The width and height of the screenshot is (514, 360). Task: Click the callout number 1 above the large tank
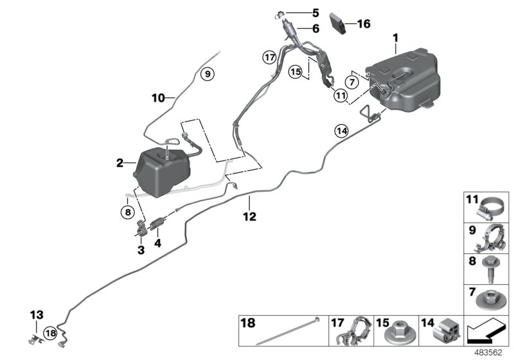click(x=396, y=40)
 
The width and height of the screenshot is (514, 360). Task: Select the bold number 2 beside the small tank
click(x=120, y=164)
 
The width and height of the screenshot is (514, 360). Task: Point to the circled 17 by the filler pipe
click(x=269, y=57)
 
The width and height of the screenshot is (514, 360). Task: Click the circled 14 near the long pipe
click(x=341, y=131)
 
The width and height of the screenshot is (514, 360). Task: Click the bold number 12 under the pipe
click(x=249, y=217)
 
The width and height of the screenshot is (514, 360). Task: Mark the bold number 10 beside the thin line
click(x=158, y=98)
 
